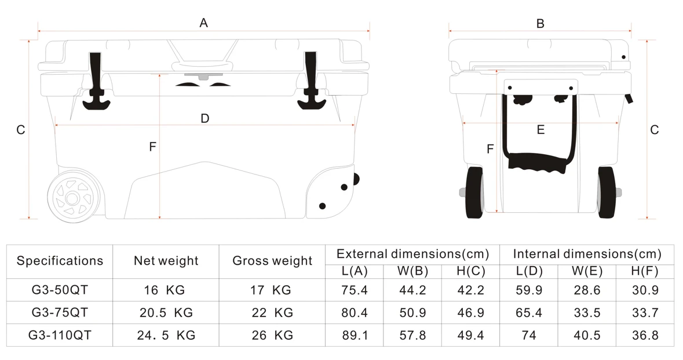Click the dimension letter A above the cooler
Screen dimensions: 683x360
point(203,23)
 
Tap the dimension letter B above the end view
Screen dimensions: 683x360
point(540,24)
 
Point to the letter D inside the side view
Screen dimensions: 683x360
point(204,118)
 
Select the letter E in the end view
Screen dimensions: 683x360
point(540,130)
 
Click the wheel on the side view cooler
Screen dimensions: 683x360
point(72,198)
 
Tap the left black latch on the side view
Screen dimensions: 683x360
point(96,81)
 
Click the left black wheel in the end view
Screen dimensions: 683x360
point(475,192)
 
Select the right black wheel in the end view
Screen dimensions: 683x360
point(607,192)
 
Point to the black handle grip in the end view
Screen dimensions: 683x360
point(538,162)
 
